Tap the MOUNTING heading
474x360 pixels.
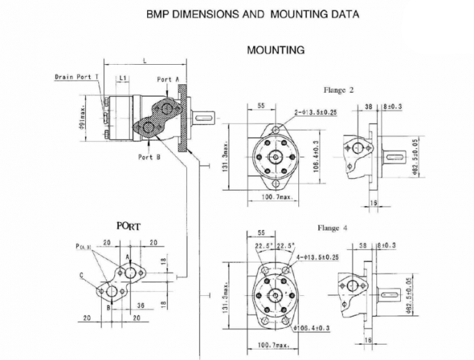(x=275, y=50)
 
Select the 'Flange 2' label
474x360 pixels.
(x=339, y=90)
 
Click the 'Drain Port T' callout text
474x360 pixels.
(x=77, y=77)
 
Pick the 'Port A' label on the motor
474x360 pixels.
(x=168, y=79)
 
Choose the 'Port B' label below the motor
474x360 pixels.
(x=149, y=157)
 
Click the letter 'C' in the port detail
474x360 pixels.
(x=81, y=275)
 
